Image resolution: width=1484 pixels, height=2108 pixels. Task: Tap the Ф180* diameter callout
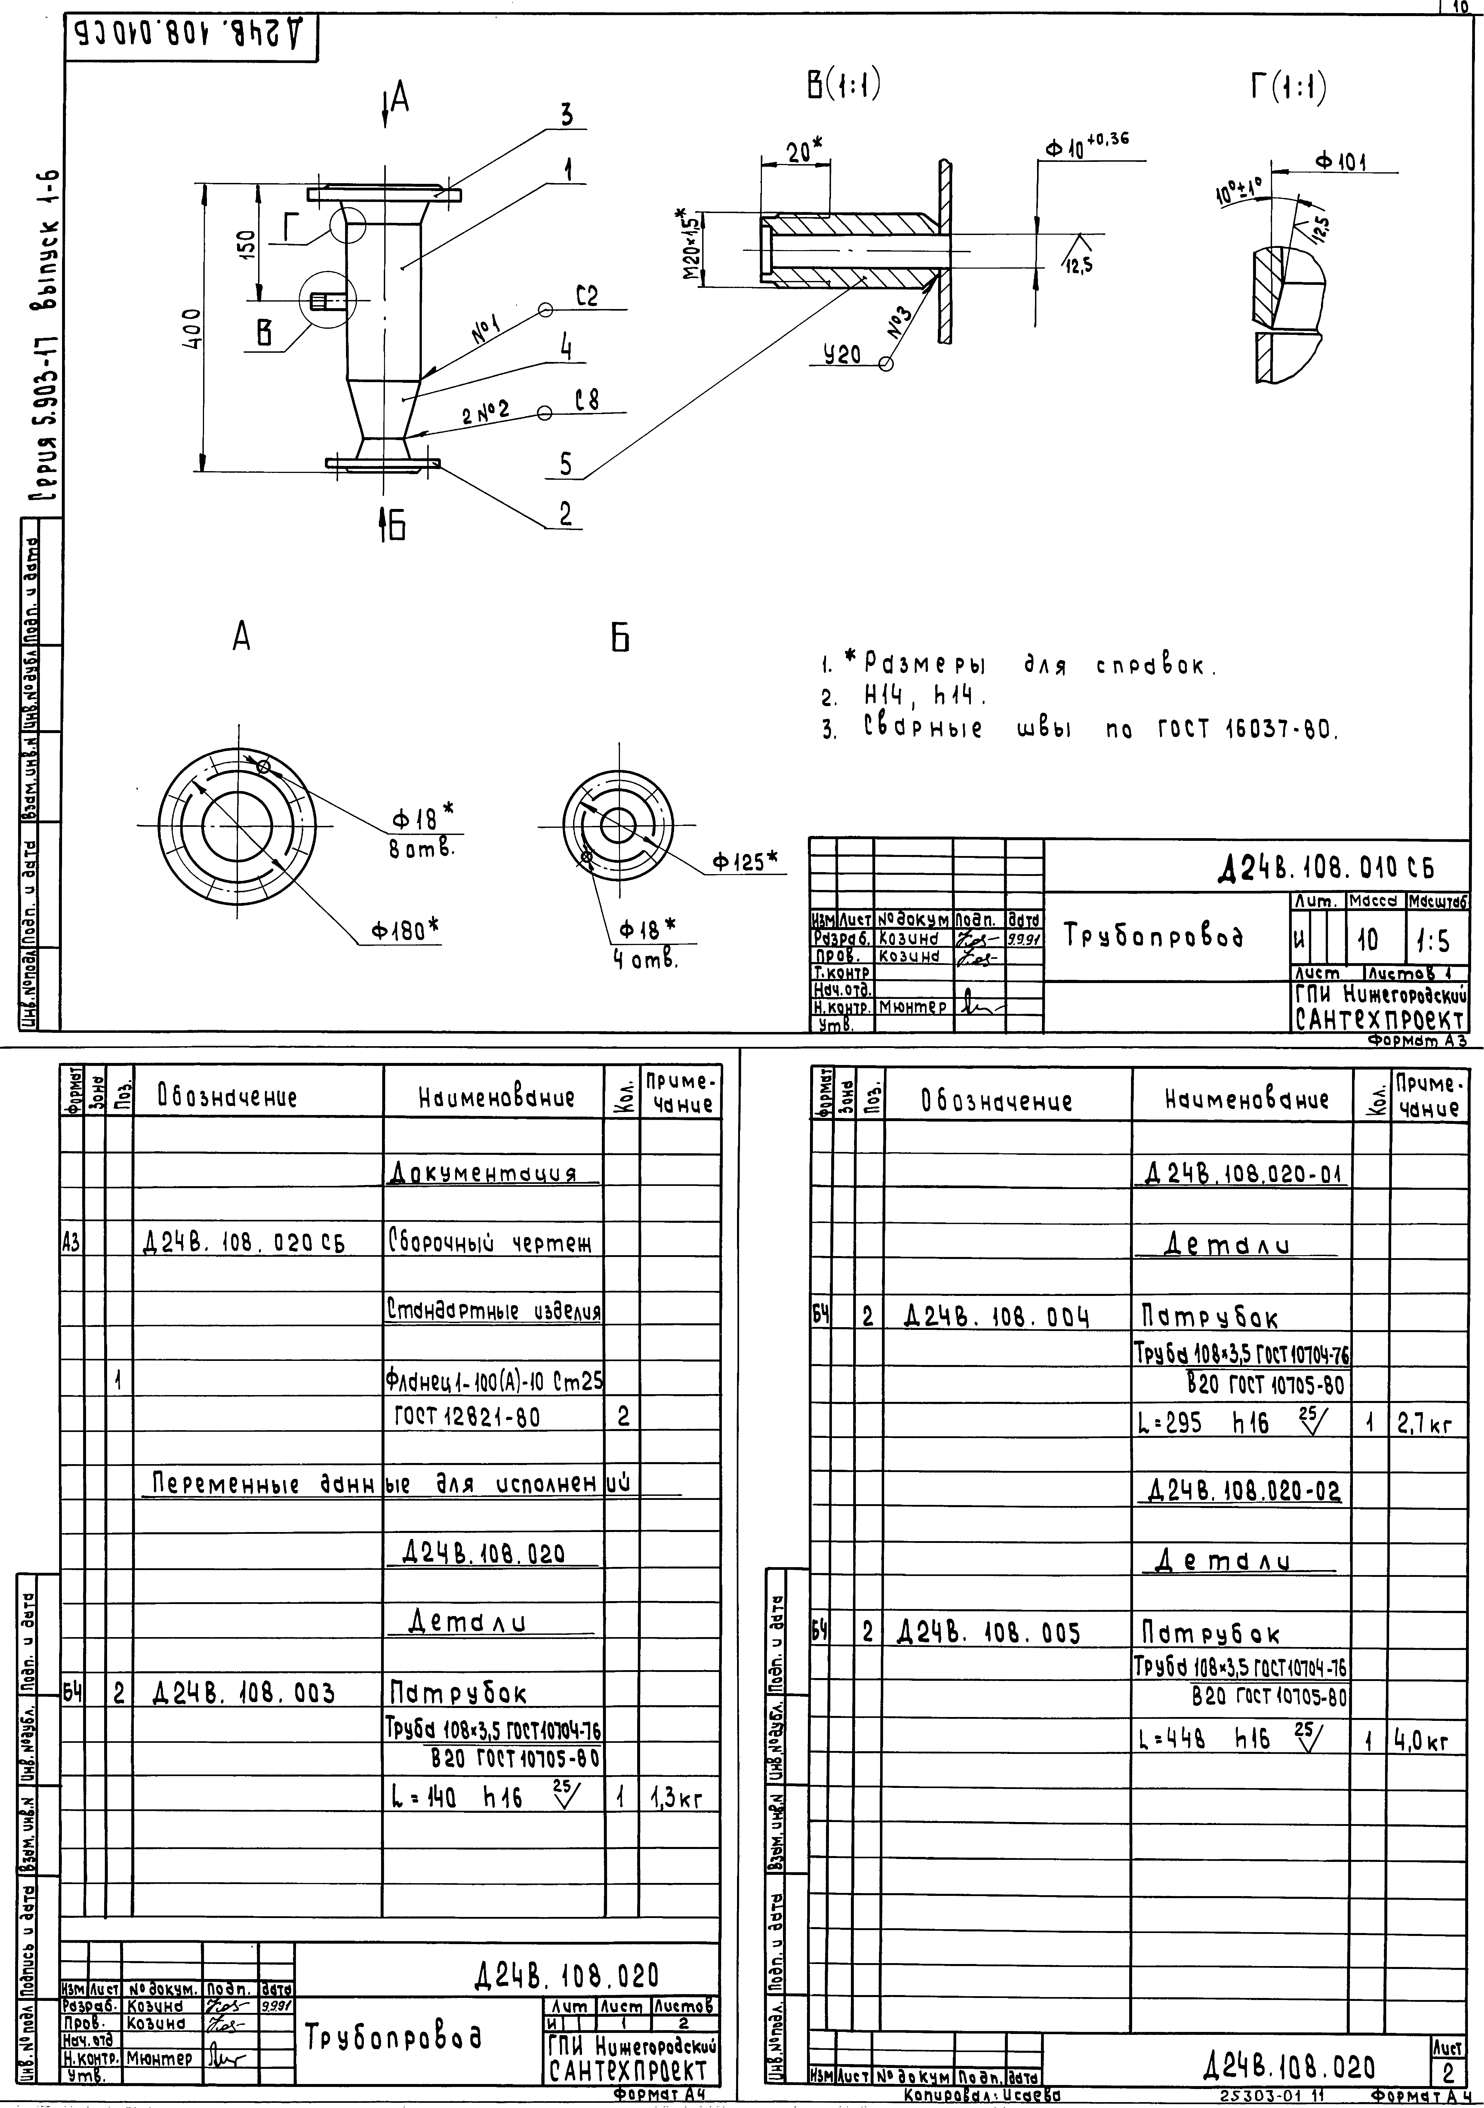405,930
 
